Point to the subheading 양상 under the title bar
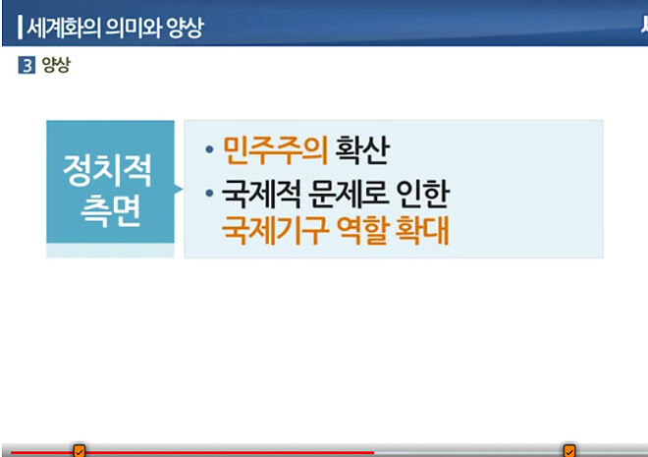pyautogui.click(x=56, y=68)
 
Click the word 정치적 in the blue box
pyautogui.click(x=108, y=170)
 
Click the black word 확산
pyautogui.click(x=363, y=150)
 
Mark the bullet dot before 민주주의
pyautogui.click(x=209, y=151)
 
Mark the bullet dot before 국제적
pyautogui.click(x=209, y=194)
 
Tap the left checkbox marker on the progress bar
pyautogui.click(x=80, y=451)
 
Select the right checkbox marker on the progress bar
pyautogui.click(x=569, y=451)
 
